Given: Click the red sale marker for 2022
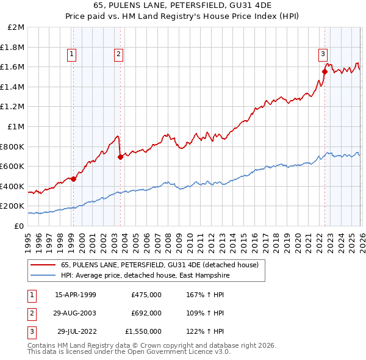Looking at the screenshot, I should [325, 71].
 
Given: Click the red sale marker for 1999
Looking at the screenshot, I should [73, 179].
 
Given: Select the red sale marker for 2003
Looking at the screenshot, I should [120, 157].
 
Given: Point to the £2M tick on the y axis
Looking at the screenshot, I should [17, 27].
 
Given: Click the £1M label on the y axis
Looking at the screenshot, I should [17, 127].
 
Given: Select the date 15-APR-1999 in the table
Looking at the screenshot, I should [76, 295].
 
